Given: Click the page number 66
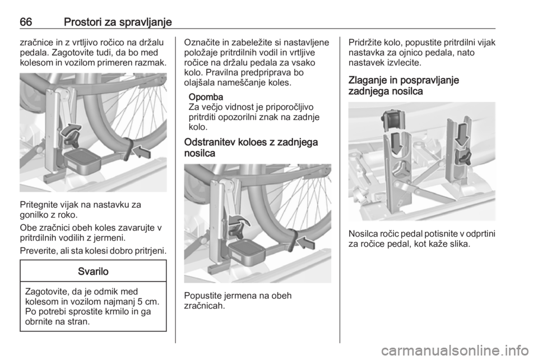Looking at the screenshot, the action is pos(26,22).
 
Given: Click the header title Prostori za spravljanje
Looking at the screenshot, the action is pos(118,22).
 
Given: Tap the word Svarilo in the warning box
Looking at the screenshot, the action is pos(93,271).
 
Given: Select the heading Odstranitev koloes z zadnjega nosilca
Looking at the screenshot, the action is pos(251,147).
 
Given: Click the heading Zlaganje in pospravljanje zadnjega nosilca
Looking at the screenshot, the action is pos(403,86).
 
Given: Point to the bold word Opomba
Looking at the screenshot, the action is pos(206,97).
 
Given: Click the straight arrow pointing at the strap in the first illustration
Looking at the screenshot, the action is pos(141,152).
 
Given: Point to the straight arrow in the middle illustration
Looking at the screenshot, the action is pos(305,243).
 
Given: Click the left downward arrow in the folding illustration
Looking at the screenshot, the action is pos(397,143).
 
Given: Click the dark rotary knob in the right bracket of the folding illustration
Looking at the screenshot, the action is pos(463,158).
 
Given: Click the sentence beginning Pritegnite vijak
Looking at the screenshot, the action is pos(80,210).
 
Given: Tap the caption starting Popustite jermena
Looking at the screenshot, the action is pos(238,301).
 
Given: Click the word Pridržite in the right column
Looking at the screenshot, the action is pos(365,43).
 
